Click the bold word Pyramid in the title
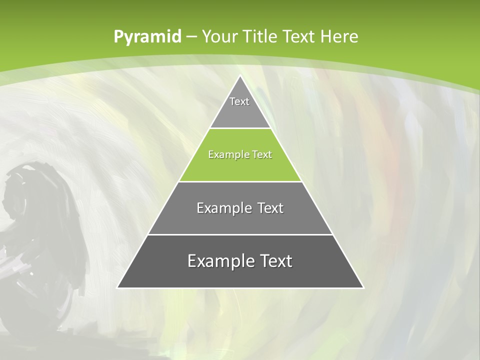tap(147, 36)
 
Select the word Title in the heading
tap(260, 36)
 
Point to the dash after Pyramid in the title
tap(191, 37)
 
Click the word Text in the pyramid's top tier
tap(239, 101)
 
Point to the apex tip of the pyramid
tap(240, 76)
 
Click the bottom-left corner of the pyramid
tap(118, 287)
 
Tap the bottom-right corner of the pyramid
tap(363, 287)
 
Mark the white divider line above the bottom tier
tap(240, 234)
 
